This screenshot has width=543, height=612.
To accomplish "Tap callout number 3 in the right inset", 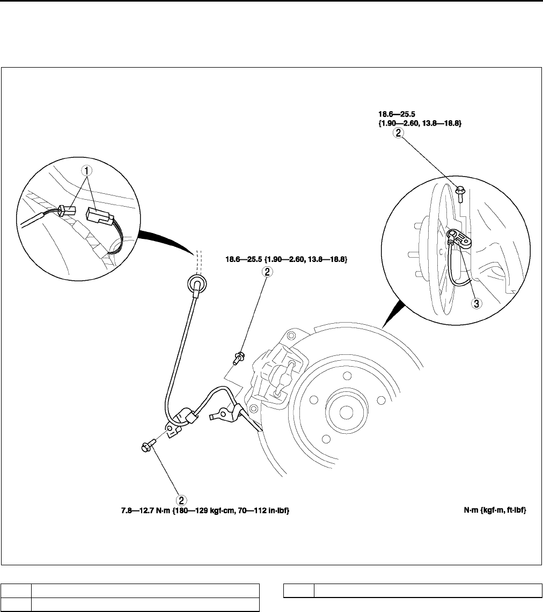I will click(x=476, y=303).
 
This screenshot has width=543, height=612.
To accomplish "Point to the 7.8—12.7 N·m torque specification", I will click(x=204, y=511).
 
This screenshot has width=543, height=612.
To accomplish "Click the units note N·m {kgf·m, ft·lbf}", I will click(x=494, y=511).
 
